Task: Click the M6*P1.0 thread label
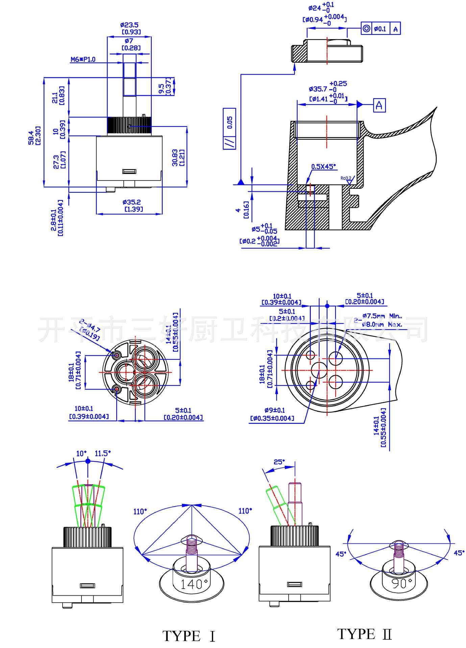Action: [x=83, y=60]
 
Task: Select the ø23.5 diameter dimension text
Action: [x=129, y=25]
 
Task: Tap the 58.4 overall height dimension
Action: [x=31, y=138]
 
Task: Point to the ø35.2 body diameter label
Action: [x=132, y=202]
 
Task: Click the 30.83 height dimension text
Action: [x=175, y=158]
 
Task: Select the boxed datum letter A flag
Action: [x=379, y=105]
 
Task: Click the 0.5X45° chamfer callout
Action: [x=324, y=166]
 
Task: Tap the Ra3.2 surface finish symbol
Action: [x=346, y=178]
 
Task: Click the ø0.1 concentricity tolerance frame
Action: [x=380, y=29]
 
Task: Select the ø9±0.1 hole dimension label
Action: [x=274, y=410]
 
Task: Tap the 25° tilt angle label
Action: [x=279, y=461]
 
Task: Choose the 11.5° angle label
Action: [x=102, y=453]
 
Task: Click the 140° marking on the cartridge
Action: [x=192, y=584]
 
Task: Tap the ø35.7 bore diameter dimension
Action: [x=318, y=89]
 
